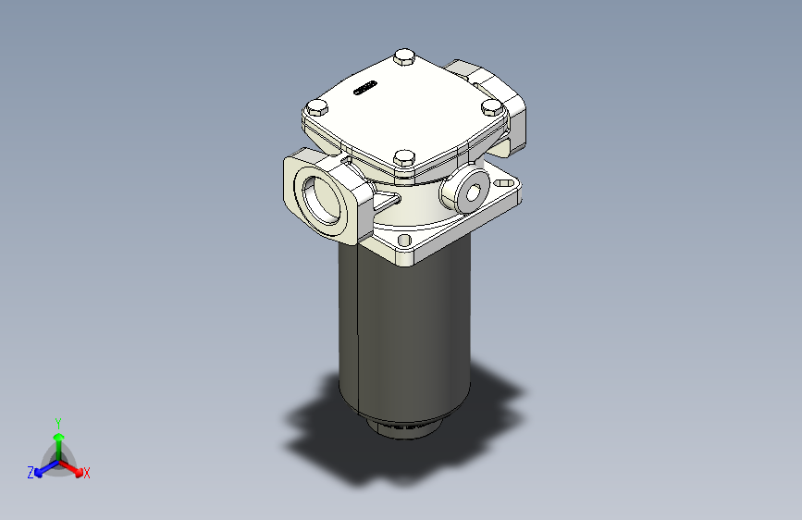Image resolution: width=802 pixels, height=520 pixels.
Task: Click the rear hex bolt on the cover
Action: (x=404, y=58)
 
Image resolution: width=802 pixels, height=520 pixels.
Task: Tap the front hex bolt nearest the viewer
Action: (x=402, y=159)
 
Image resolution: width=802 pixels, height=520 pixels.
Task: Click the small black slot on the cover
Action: (x=364, y=90)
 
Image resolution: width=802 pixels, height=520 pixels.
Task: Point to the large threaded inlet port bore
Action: (x=323, y=199)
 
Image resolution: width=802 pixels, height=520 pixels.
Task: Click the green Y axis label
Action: (x=57, y=421)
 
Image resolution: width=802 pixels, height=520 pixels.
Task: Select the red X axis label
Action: (x=87, y=473)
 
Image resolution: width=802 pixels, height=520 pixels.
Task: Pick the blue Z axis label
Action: (x=31, y=473)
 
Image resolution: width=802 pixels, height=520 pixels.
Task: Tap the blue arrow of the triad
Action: (x=41, y=470)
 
